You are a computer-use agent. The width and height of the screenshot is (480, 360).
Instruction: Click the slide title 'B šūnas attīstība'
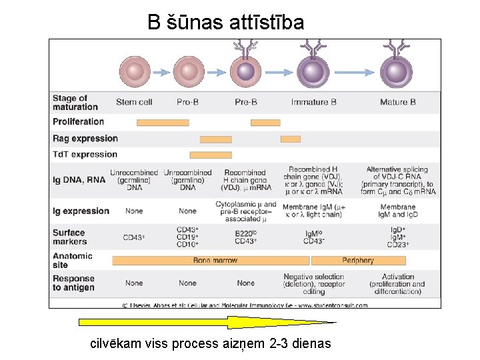click(x=225, y=23)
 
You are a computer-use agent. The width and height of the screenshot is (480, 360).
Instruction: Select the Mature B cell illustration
click(x=397, y=71)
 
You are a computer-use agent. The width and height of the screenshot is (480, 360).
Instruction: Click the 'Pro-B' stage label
click(x=187, y=102)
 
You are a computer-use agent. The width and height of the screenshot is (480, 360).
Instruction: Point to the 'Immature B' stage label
click(x=313, y=102)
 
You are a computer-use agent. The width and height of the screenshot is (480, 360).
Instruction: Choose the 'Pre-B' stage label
click(x=246, y=102)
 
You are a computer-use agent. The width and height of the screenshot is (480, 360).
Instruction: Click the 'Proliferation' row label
click(x=79, y=122)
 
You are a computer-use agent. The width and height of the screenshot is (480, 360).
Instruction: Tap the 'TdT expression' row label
click(x=85, y=155)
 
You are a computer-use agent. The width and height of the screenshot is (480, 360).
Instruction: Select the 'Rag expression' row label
click(x=85, y=139)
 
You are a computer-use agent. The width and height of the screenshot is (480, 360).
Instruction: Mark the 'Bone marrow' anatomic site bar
click(x=211, y=260)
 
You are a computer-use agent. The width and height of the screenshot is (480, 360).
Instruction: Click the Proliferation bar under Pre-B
click(x=265, y=122)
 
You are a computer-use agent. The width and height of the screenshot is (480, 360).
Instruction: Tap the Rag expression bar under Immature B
click(x=291, y=139)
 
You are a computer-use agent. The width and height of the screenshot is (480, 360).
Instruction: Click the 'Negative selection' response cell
click(x=313, y=283)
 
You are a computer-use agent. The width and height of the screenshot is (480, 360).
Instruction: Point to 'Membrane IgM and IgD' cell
click(x=397, y=211)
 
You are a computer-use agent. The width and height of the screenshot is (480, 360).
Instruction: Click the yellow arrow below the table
click(x=207, y=323)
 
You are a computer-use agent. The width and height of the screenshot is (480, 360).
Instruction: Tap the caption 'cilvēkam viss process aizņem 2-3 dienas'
click(x=210, y=344)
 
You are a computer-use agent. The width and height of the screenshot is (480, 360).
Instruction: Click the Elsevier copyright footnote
click(x=244, y=305)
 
